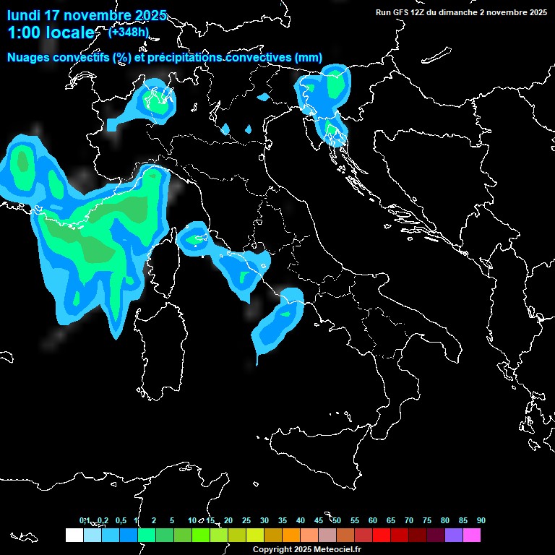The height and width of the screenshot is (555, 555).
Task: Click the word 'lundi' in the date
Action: [x=24, y=15]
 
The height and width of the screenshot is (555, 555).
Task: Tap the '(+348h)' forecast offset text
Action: [x=129, y=32]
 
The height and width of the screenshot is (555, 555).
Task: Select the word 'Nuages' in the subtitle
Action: [x=29, y=57]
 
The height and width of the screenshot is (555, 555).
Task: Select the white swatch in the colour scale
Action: [x=74, y=535]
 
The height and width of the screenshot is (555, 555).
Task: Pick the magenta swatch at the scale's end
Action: [x=472, y=535]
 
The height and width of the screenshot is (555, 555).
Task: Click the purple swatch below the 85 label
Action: [x=454, y=535]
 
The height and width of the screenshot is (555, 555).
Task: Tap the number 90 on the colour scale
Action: [x=481, y=520]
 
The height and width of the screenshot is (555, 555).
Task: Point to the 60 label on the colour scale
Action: [x=373, y=520]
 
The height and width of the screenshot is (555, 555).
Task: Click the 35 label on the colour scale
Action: [x=283, y=520]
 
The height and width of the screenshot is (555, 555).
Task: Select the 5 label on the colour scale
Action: [x=172, y=520]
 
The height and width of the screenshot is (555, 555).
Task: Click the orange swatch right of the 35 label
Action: [x=291, y=535]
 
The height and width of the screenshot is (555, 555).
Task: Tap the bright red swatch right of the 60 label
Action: [x=382, y=535]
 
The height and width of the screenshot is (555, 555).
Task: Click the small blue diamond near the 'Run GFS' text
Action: [x=263, y=96]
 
